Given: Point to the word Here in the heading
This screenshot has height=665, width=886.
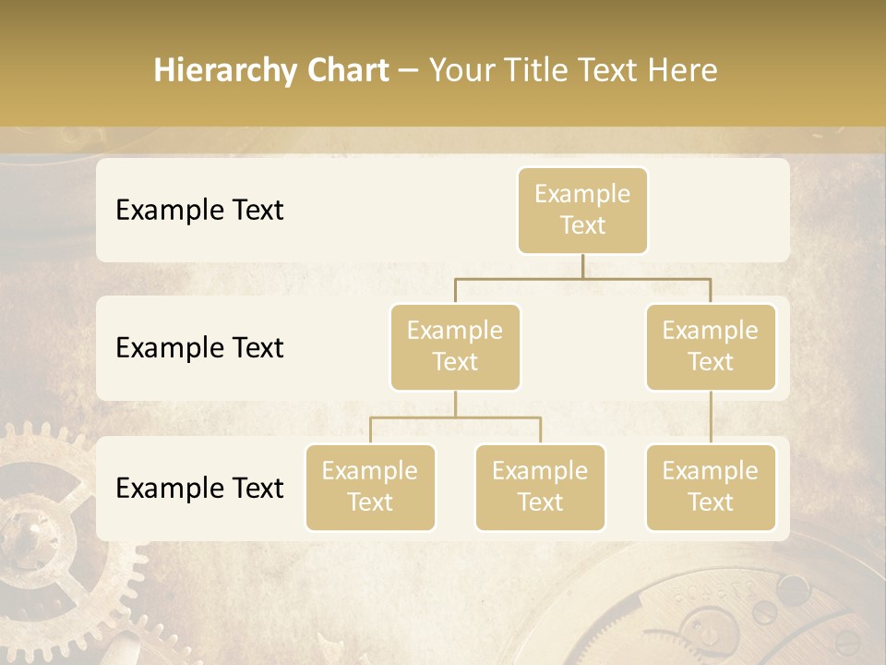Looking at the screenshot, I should pyautogui.click(x=682, y=70).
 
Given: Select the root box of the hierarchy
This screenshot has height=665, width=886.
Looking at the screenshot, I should pyautogui.click(x=582, y=210).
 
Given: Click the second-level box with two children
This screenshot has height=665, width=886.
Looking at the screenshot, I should pyautogui.click(x=455, y=346).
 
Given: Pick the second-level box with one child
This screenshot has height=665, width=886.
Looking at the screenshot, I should pyautogui.click(x=711, y=346).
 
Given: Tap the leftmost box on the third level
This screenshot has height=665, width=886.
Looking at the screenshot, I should pyautogui.click(x=370, y=487).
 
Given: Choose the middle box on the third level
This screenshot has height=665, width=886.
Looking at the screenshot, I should pyautogui.click(x=540, y=487).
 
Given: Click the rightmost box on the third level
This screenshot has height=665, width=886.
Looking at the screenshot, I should pyautogui.click(x=711, y=487).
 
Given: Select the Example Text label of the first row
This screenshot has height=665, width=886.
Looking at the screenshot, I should pyautogui.click(x=199, y=210).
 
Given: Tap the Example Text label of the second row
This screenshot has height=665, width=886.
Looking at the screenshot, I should pyautogui.click(x=199, y=347).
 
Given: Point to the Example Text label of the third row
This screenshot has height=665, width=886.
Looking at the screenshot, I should pyautogui.click(x=199, y=488).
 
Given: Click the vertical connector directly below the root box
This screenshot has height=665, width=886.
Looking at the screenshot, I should pyautogui.click(x=582, y=266).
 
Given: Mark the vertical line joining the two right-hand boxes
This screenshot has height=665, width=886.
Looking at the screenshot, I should pyautogui.click(x=711, y=417).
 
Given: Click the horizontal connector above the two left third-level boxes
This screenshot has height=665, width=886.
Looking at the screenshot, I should pyautogui.click(x=455, y=417).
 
